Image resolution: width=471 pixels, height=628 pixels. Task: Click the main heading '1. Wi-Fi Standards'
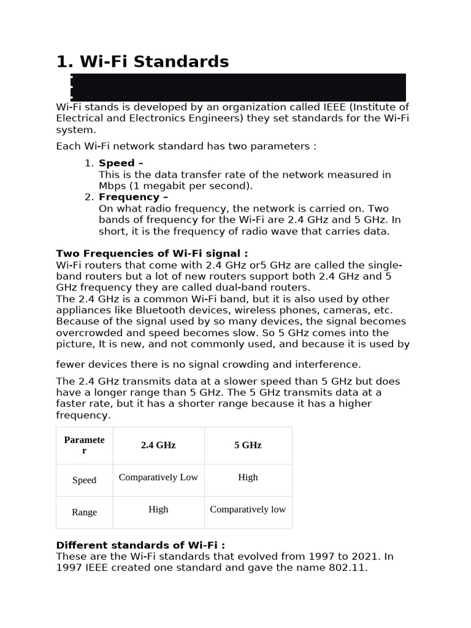click(x=142, y=62)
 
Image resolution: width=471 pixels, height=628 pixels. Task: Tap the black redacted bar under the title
click(x=238, y=87)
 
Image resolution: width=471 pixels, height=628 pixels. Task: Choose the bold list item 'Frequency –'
click(x=133, y=197)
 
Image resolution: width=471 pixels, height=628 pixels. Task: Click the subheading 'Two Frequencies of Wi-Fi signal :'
click(x=151, y=253)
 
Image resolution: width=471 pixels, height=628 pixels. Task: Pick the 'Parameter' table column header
click(x=84, y=445)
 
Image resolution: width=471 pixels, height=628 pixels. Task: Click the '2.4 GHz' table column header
click(x=158, y=445)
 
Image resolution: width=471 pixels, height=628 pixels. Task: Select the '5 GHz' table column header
click(x=248, y=445)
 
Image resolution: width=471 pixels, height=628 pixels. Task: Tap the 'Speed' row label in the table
click(x=84, y=480)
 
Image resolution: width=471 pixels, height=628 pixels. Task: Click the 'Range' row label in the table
click(x=84, y=512)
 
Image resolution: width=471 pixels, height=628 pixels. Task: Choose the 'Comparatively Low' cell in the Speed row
click(x=158, y=477)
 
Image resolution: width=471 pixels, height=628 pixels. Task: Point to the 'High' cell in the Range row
click(x=158, y=509)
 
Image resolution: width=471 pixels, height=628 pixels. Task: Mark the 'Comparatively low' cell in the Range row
click(x=248, y=509)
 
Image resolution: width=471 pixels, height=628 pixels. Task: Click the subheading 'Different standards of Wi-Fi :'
click(x=140, y=545)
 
